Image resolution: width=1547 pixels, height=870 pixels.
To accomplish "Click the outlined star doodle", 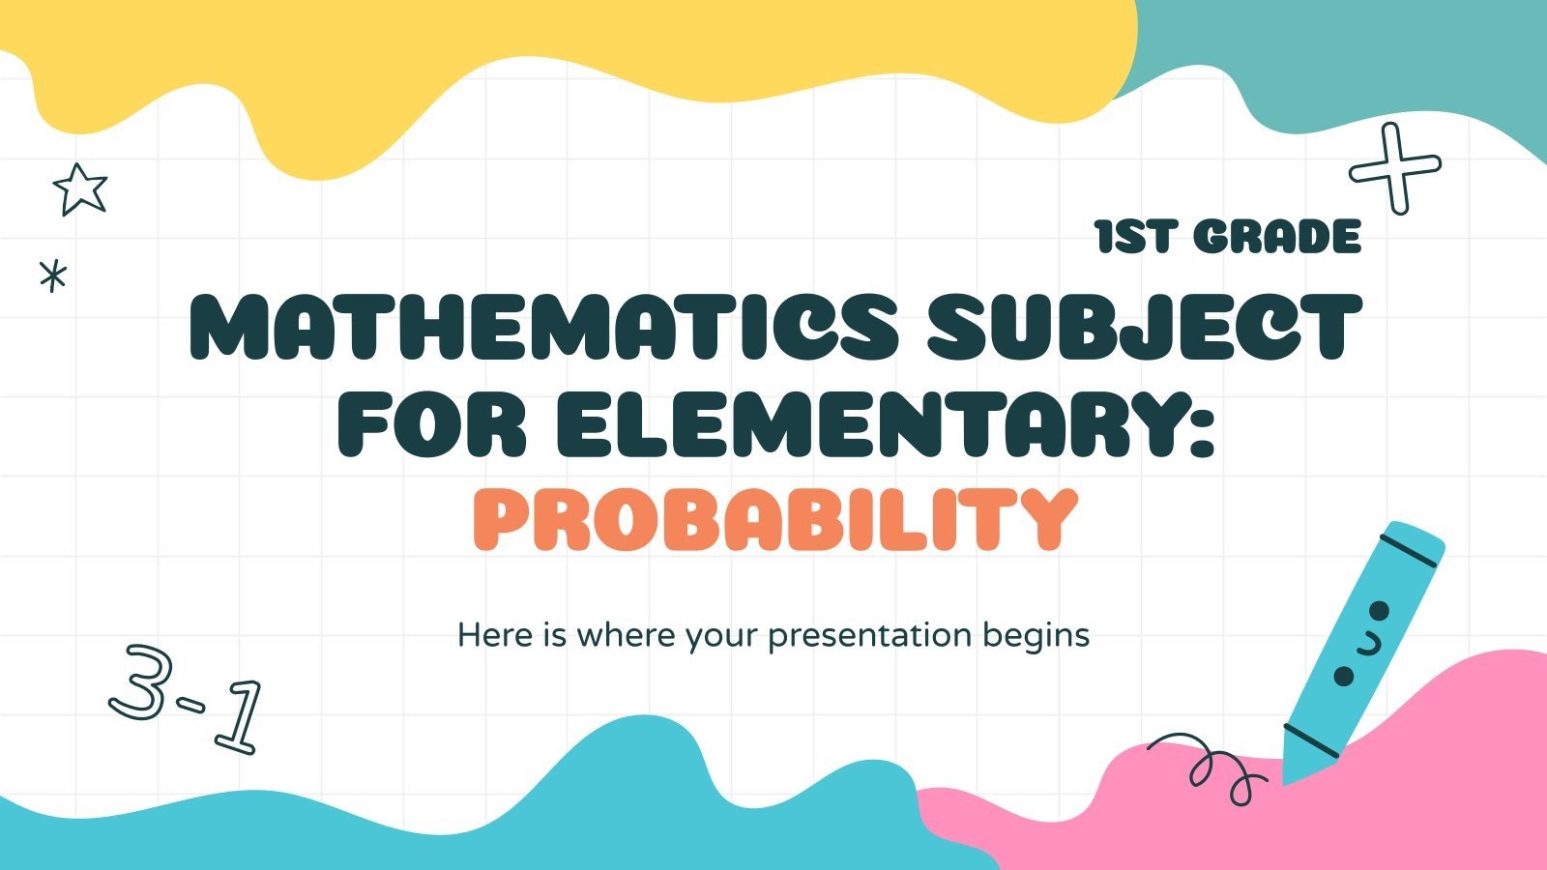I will click(79, 188).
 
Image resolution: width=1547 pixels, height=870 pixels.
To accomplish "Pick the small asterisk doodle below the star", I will click(53, 276).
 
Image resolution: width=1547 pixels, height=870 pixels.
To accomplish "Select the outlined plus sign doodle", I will click(1395, 168).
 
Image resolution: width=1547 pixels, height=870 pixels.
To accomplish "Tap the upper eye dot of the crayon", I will click(1380, 610).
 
